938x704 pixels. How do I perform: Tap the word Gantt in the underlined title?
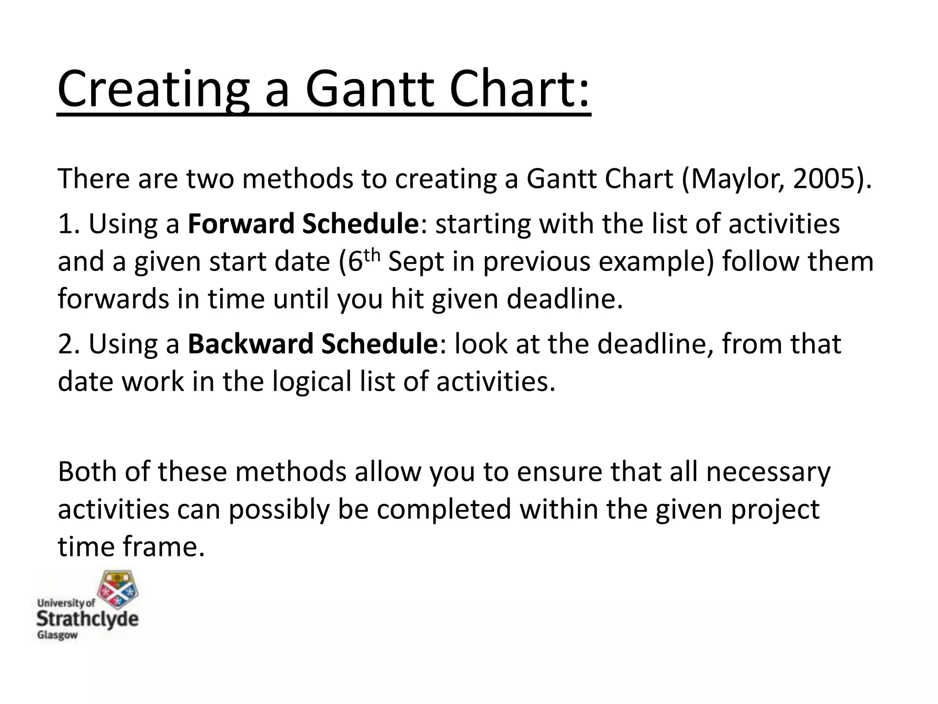click(369, 89)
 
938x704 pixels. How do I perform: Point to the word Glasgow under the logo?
click(57, 636)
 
